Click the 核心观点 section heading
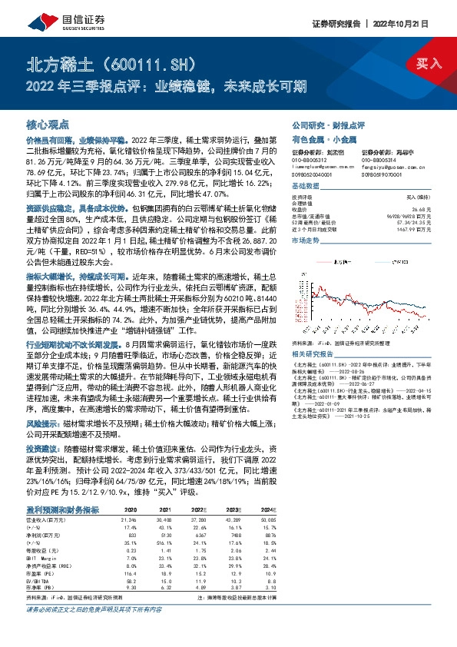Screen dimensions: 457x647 tap(48, 124)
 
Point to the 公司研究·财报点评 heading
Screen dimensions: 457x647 tap(328, 124)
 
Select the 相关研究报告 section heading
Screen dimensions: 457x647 tap(313, 332)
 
